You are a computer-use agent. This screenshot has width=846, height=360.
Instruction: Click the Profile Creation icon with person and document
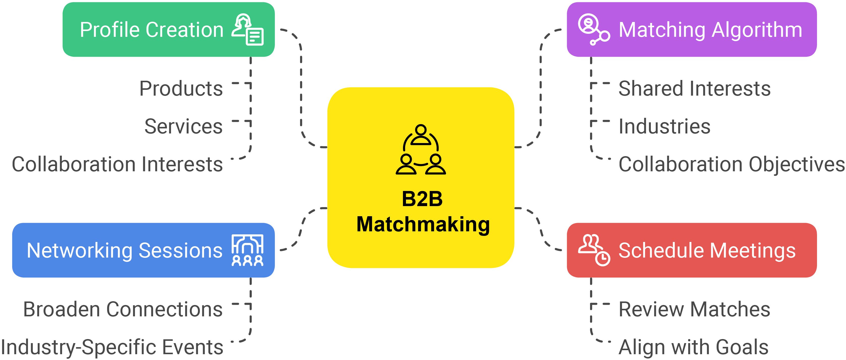point(248,29)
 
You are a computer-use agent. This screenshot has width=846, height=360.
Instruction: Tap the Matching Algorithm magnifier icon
point(593,29)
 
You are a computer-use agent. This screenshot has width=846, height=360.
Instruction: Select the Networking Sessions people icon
point(247,250)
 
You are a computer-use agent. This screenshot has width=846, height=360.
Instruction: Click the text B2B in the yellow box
point(422,199)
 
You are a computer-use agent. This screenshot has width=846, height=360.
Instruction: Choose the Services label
point(183,126)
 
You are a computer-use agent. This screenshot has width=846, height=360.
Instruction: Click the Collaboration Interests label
point(117,164)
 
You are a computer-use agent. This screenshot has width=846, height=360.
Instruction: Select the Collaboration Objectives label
point(731,164)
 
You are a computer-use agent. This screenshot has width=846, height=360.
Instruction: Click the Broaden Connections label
point(123,309)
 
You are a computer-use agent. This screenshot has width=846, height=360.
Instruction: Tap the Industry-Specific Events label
point(112,347)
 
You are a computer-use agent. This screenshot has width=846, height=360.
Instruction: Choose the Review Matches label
point(694,309)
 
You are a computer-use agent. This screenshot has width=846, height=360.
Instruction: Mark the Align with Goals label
point(693,347)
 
